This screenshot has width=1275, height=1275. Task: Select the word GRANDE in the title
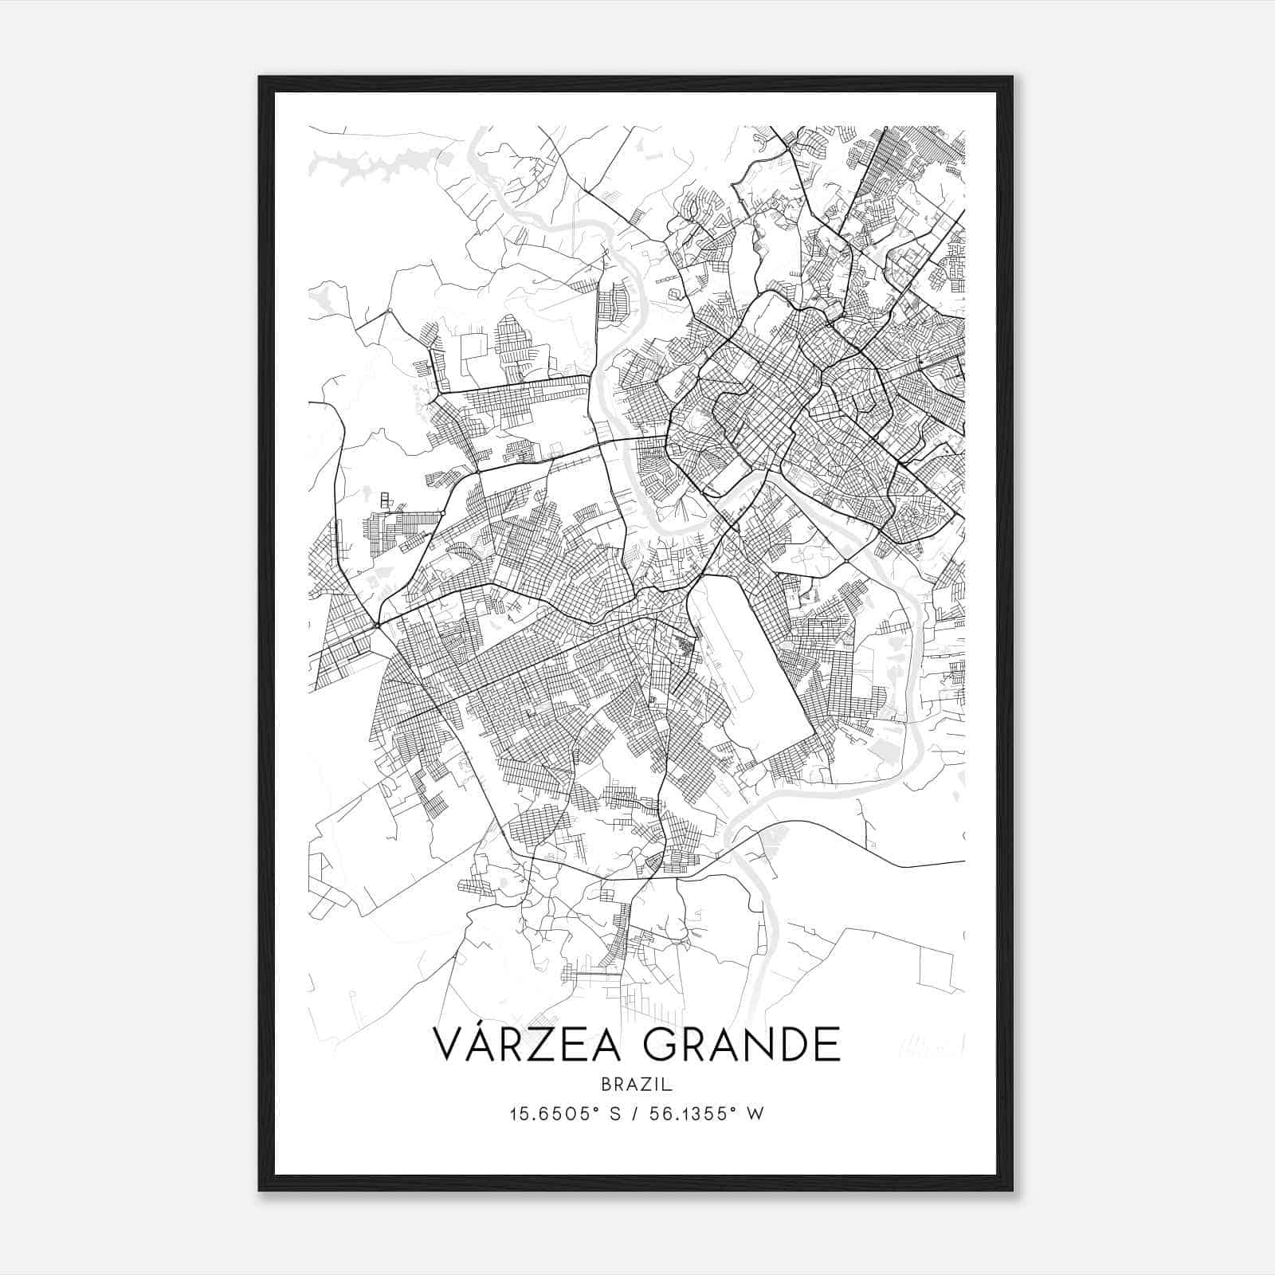(x=741, y=1045)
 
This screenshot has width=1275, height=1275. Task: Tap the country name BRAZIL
(x=637, y=1085)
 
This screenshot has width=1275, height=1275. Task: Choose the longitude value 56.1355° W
(x=704, y=1114)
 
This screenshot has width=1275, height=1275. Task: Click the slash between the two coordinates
(x=631, y=1114)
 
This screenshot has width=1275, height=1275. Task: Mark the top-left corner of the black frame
(x=260, y=77)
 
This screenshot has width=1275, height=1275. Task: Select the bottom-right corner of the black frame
(x=1012, y=1190)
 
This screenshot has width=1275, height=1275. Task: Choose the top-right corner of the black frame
(x=1012, y=77)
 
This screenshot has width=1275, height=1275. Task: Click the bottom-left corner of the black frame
(x=260, y=1190)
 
